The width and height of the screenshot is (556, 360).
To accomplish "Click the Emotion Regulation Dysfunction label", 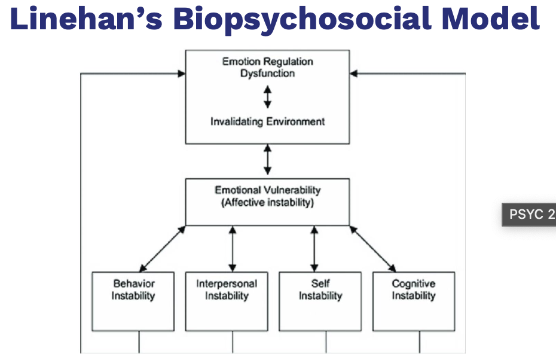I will click(x=267, y=67).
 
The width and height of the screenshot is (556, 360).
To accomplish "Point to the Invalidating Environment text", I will click(x=267, y=121).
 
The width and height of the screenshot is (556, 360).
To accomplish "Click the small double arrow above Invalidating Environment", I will click(x=267, y=96).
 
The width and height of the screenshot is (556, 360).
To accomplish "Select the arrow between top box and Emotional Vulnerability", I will click(x=267, y=160).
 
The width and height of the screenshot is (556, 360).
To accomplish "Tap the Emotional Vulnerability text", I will click(x=267, y=190).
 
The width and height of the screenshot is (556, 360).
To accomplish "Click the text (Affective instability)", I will click(x=267, y=202).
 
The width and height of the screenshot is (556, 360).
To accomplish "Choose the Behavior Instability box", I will click(x=133, y=301).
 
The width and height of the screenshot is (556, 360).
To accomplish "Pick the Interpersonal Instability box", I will click(x=227, y=301).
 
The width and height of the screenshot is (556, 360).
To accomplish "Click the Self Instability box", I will click(x=320, y=301).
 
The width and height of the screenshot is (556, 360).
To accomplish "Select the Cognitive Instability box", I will click(x=413, y=301).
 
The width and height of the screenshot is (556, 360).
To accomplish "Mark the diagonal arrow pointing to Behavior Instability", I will click(x=162, y=248).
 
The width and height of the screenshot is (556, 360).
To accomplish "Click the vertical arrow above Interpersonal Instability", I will click(x=233, y=248).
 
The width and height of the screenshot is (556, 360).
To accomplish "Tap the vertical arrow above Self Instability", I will click(x=314, y=248).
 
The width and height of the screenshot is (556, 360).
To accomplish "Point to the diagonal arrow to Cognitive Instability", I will click(x=372, y=248).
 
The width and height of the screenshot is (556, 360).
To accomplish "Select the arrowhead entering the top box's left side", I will click(x=181, y=74).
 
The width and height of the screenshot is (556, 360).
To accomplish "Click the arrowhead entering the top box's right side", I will click(x=354, y=74).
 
